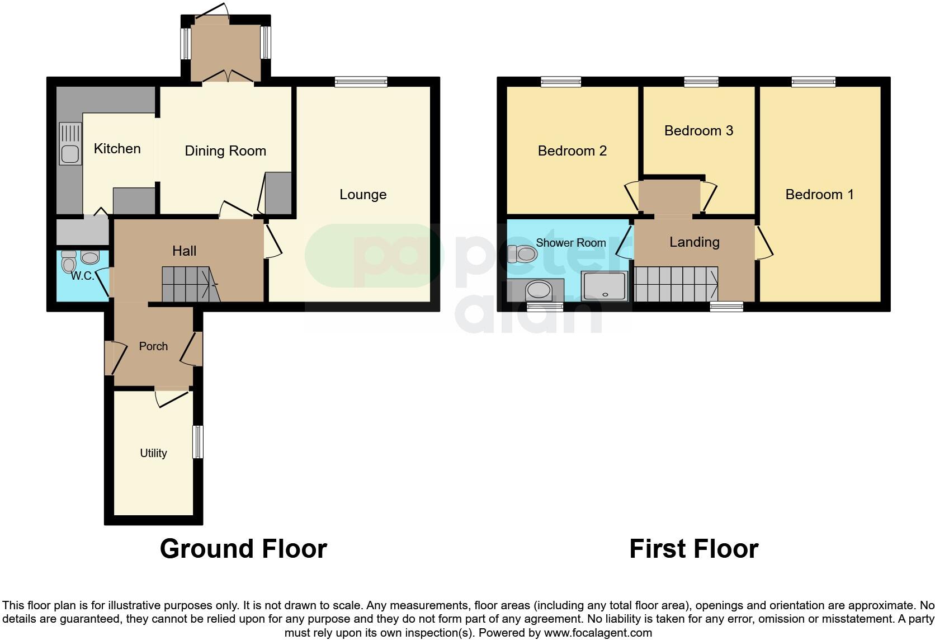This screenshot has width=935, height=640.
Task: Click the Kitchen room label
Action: point(117,148)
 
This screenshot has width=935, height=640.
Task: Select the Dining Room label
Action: point(225,150)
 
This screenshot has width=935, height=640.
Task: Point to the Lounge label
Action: point(363,194)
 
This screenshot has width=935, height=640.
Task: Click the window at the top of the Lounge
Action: point(361,82)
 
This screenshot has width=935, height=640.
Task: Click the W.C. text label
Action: point(82,276)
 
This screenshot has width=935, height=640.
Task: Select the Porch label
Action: point(153,346)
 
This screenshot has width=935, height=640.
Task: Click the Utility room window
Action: point(197,442)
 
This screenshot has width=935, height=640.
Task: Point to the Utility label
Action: point(153,453)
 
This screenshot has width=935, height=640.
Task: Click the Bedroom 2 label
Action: point(572,150)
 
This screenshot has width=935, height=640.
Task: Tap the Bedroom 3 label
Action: point(698,130)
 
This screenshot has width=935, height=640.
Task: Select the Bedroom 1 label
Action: point(819,194)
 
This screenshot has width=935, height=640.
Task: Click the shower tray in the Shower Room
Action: point(605,286)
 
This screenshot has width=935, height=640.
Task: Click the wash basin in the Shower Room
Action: point(539,290)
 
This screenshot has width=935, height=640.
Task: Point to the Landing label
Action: point(695,242)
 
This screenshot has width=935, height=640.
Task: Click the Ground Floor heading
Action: point(243,549)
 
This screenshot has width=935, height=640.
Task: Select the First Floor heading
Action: point(693,549)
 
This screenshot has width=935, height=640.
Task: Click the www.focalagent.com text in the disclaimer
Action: point(598,633)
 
